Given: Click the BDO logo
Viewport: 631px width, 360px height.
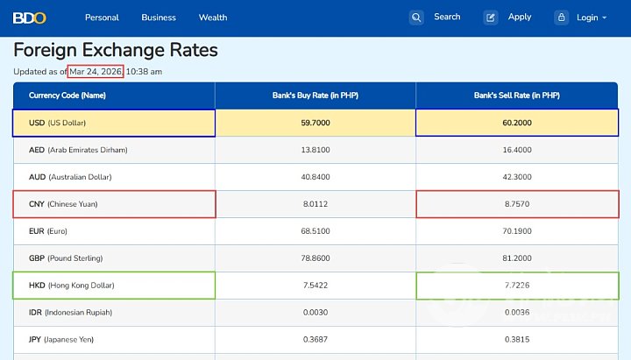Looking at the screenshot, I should click(29, 17).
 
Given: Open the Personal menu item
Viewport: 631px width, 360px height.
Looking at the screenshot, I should click(102, 18).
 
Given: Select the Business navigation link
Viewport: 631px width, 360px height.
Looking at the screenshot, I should click(159, 18).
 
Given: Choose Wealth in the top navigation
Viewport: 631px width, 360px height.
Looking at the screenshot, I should click(213, 18).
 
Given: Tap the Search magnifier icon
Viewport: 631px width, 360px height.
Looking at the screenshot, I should click(416, 18).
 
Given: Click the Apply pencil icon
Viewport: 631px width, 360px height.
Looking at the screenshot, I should click(491, 18).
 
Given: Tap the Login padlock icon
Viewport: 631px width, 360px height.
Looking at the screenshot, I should click(561, 18).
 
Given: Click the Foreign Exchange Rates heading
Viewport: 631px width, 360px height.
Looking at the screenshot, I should click(116, 50).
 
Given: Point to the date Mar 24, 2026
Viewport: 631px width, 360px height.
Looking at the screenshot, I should click(96, 71).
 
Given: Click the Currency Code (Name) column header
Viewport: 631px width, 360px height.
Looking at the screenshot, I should click(67, 95).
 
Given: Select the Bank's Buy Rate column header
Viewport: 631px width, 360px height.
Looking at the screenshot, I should click(315, 95).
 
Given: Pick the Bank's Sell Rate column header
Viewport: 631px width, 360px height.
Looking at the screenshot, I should click(516, 95).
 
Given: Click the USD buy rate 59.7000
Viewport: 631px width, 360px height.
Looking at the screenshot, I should click(315, 123).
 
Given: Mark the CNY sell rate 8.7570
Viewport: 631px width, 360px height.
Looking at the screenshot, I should click(516, 204).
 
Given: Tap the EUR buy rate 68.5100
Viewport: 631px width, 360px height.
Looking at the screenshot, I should click(315, 231).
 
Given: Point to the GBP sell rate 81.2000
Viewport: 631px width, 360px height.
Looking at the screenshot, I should click(516, 258).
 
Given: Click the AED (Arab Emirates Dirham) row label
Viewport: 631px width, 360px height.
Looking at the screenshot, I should click(78, 150).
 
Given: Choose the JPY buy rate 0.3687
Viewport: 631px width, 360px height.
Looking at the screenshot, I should click(315, 340).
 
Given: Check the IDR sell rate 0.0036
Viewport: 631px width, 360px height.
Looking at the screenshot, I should click(516, 313).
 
